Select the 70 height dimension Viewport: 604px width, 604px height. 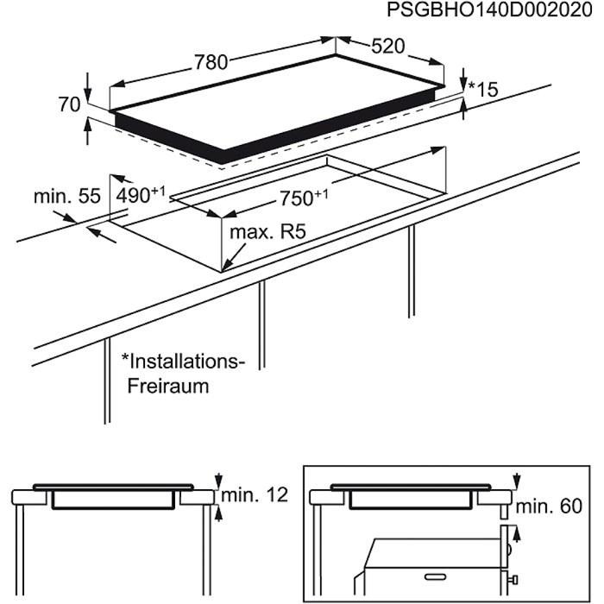pos(70,104)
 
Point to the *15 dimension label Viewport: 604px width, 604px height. pos(483,89)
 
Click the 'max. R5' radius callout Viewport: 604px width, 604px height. pos(268,233)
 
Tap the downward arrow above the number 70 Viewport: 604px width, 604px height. pos(88,85)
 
